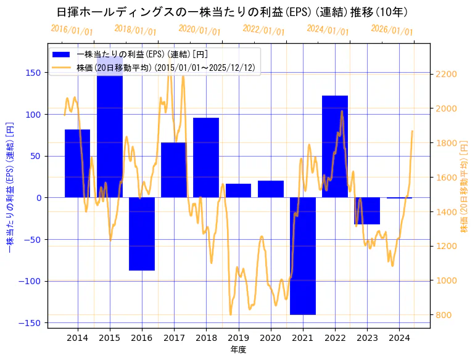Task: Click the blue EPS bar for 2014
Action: [77, 163]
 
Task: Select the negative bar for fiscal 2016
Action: [142, 234]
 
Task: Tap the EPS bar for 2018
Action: [206, 158]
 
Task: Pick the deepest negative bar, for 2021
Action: [303, 256]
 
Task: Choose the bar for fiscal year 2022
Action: [335, 147]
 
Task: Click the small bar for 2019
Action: [238, 190]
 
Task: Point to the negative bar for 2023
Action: [367, 211]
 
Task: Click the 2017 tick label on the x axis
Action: [174, 338]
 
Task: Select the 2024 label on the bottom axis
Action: [399, 338]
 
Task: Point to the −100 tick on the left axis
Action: [31, 281]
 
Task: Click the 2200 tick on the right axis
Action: [445, 74]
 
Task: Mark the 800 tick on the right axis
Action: [443, 315]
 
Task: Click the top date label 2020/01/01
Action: [199, 30]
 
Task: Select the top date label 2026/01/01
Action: [392, 30]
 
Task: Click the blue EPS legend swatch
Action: [62, 54]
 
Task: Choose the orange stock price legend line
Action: [62, 68]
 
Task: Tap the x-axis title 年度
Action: [238, 350]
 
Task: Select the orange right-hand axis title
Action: [464, 185]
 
